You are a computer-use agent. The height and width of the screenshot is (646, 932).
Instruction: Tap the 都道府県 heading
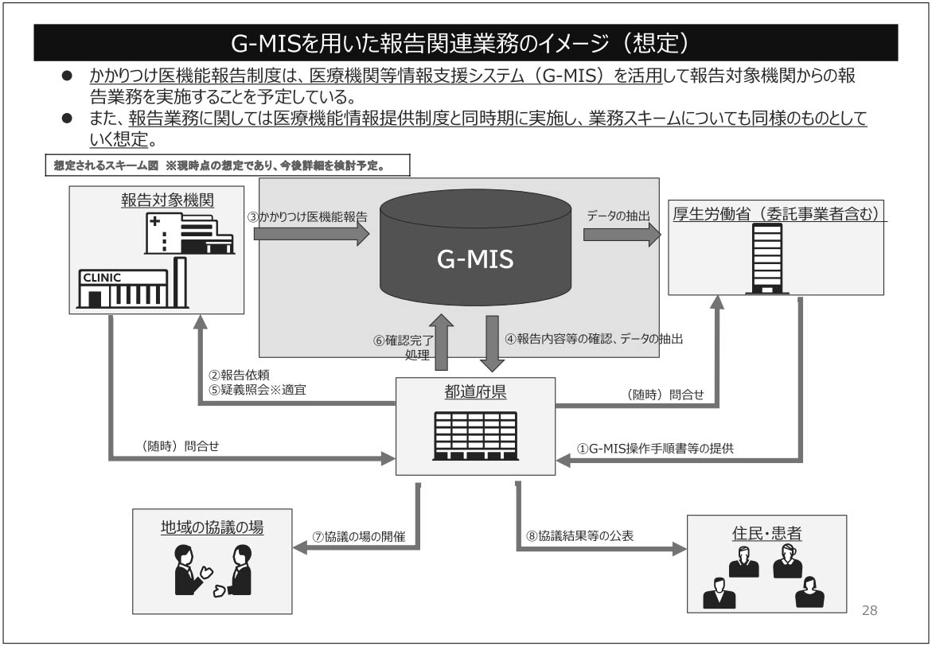(476, 392)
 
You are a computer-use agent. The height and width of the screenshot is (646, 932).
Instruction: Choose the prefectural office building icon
(475, 435)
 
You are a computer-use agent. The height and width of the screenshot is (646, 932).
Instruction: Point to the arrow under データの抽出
(622, 234)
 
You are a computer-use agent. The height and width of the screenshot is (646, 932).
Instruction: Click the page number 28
(869, 610)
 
